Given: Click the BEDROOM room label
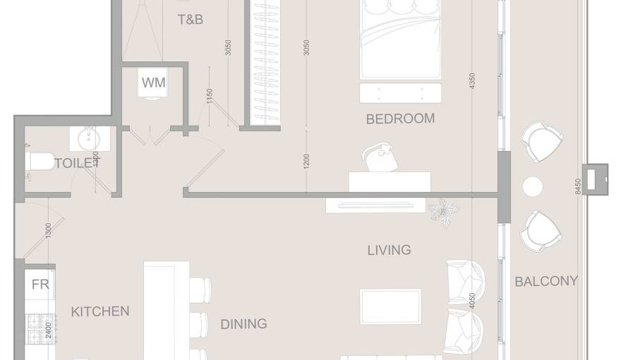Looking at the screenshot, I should [400, 119].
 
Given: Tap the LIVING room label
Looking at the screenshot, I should [389, 250].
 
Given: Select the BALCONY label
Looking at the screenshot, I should [545, 281].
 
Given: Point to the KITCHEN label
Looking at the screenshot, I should [100, 311].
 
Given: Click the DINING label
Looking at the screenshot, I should [243, 324].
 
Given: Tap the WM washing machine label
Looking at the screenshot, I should [154, 83].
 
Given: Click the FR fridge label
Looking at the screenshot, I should [40, 284].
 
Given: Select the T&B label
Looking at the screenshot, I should [190, 20].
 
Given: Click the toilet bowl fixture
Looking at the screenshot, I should [41, 162].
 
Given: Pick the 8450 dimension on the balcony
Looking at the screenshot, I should [579, 187].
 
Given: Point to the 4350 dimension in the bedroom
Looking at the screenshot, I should [472, 81].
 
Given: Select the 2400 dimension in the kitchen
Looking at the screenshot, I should [48, 330].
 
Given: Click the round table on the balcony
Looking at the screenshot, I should [532, 186].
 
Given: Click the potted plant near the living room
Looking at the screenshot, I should [443, 211].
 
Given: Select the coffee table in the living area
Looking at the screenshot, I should [390, 306].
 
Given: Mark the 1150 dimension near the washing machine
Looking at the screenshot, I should [210, 96].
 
